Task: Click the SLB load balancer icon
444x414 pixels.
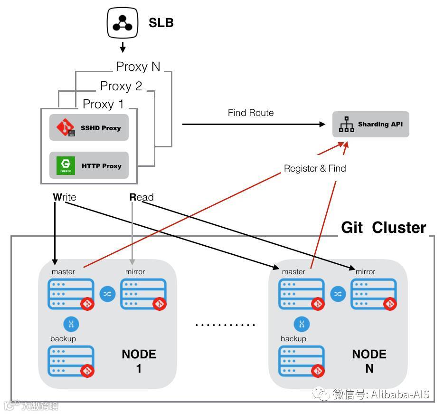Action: (123, 23)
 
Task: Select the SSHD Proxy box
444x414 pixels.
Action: (89, 127)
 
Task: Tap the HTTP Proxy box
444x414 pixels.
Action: (89, 165)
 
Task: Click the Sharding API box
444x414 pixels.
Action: (370, 125)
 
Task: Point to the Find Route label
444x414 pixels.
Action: (251, 113)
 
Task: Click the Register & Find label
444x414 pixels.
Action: (315, 168)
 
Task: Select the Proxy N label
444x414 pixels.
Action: (138, 67)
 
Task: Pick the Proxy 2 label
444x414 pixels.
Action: (121, 86)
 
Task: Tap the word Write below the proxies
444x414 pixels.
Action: (65, 197)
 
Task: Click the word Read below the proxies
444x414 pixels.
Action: (142, 197)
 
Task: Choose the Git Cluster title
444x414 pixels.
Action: (384, 228)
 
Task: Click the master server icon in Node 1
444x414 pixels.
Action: (70, 294)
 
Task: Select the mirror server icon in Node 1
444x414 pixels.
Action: (143, 294)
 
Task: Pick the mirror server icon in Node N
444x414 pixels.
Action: (373, 294)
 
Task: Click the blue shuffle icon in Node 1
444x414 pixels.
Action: (107, 294)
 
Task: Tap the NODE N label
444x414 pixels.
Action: (369, 361)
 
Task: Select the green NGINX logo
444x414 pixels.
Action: (66, 165)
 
